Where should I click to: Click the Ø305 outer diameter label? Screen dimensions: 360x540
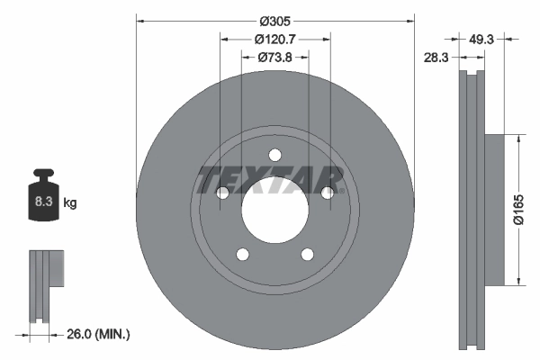(274, 20)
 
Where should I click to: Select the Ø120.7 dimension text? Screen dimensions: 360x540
(274, 40)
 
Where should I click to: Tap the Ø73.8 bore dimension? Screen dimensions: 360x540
(274, 58)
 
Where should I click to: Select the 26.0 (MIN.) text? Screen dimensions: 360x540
(99, 335)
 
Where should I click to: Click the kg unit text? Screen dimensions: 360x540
(70, 203)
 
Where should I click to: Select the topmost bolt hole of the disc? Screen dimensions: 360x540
(275, 154)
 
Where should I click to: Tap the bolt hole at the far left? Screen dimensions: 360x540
(223, 192)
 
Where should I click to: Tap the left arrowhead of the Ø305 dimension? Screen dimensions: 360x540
(140, 20)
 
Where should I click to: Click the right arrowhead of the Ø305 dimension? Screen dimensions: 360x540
(409, 20)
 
